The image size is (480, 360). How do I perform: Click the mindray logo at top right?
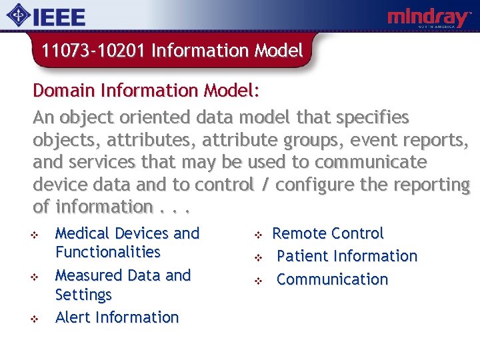(429, 18)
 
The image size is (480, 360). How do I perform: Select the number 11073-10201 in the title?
(93, 51)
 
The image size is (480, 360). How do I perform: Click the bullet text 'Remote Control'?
(328, 233)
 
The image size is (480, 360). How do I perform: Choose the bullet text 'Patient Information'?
(347, 256)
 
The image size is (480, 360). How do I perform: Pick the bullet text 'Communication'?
(332, 279)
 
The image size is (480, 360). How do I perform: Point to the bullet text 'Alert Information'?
(117, 317)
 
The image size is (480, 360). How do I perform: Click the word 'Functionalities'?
(108, 252)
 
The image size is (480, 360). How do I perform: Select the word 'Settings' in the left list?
(83, 294)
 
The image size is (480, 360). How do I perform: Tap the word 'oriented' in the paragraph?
(160, 118)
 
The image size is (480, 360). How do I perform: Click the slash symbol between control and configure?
(265, 184)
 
